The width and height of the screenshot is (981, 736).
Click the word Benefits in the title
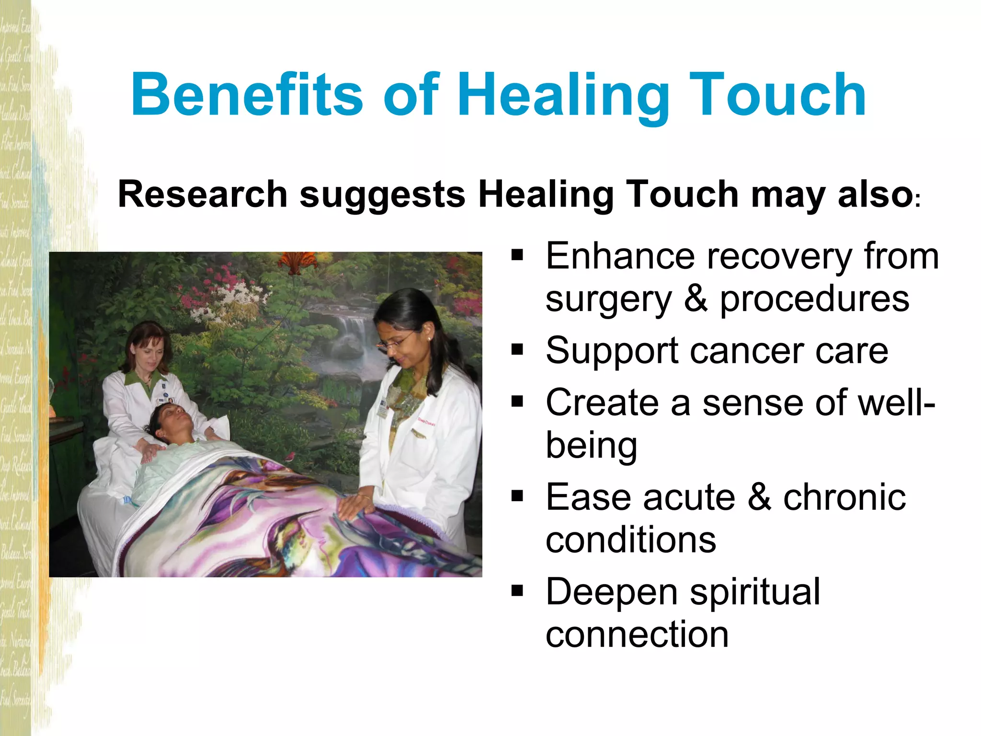pos(247,94)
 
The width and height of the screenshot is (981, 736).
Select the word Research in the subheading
pos(202,195)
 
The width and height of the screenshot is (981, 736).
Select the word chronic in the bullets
pos(844,497)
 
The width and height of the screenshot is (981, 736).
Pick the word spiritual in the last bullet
pos(755,592)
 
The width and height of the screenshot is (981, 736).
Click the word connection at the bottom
pos(637,634)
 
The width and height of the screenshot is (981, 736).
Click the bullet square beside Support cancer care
pos(517,350)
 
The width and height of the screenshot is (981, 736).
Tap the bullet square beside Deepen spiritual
pos(517,591)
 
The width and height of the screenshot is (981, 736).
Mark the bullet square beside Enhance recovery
pos(517,255)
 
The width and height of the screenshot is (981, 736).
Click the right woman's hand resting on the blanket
pos(354,506)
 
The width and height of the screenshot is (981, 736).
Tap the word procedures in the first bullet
pos(814,299)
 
